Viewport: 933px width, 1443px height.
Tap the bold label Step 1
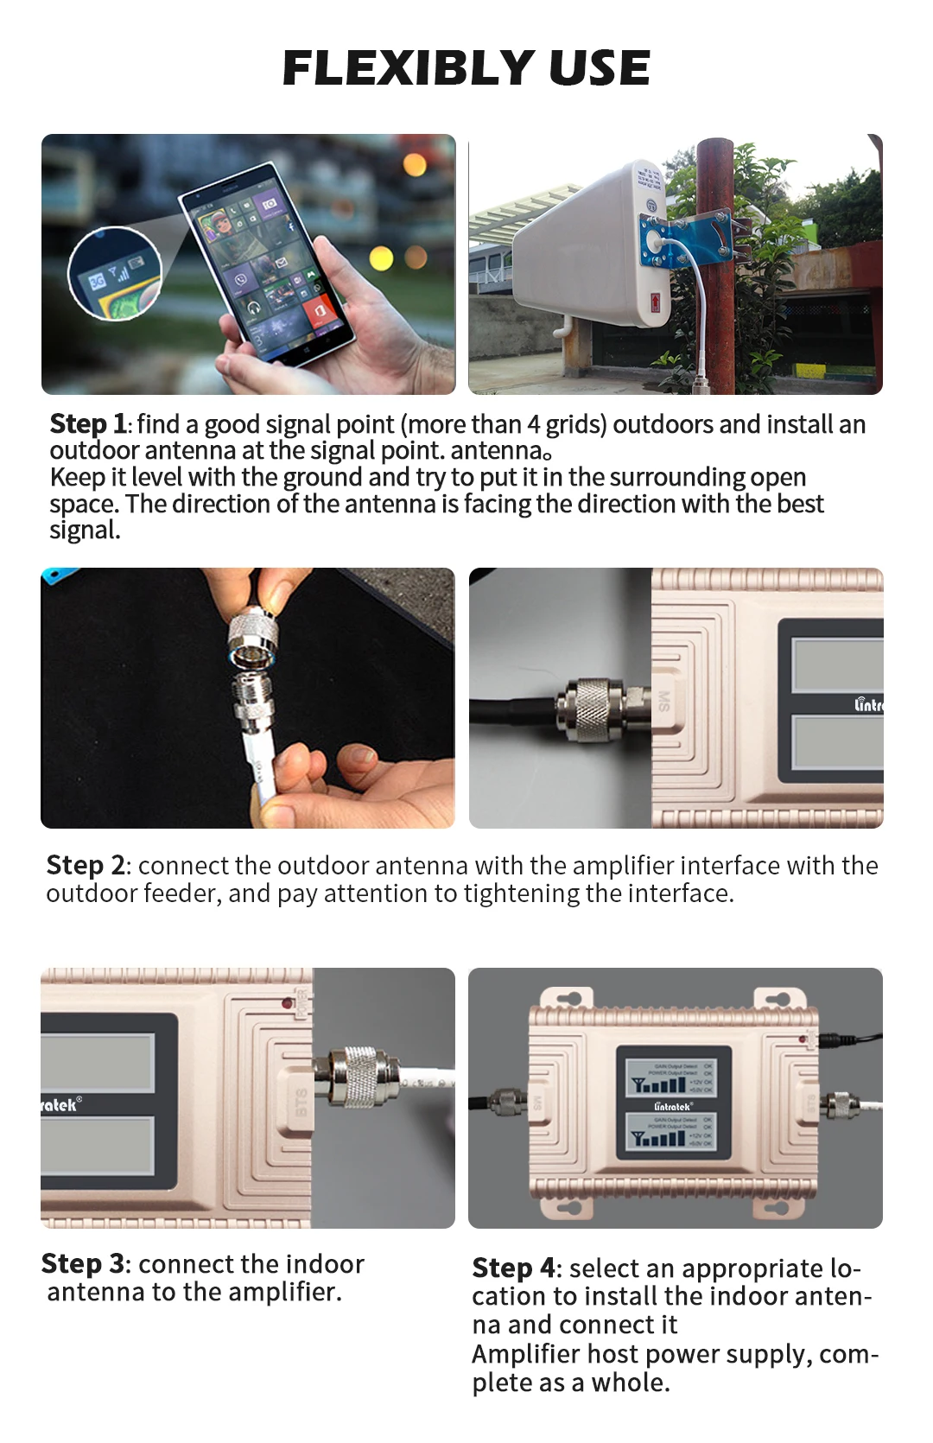click(x=88, y=424)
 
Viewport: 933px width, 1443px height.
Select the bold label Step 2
click(x=86, y=865)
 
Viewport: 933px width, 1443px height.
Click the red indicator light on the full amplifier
click(x=803, y=1038)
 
